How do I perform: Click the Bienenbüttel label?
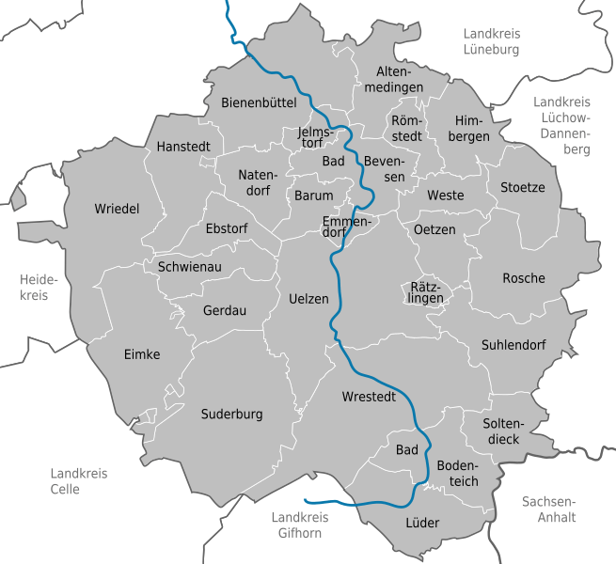(259, 102)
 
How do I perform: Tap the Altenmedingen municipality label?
(400, 80)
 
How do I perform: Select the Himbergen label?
(471, 129)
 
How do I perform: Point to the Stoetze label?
(522, 187)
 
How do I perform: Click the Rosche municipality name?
(524, 278)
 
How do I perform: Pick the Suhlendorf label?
(513, 345)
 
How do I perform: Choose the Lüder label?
(422, 523)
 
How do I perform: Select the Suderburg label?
(232, 414)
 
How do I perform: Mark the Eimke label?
(142, 354)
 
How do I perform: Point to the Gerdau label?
(225, 310)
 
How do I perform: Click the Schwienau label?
(189, 267)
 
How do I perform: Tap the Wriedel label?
(117, 209)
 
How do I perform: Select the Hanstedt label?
(183, 148)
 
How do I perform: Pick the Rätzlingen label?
(427, 292)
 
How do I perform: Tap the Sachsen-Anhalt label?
(549, 509)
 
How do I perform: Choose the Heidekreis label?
(39, 288)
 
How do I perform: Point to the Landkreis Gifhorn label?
(296, 525)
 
